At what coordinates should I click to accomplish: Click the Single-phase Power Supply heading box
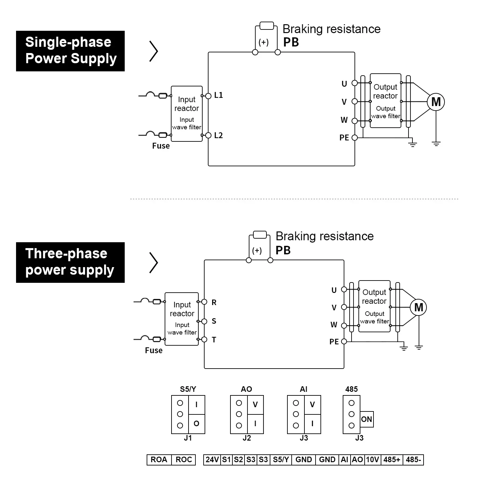(x=70, y=51)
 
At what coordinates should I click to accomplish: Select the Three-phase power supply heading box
(x=70, y=262)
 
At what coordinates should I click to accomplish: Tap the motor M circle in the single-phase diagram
(x=436, y=102)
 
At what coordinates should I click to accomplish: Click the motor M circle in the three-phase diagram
(x=418, y=307)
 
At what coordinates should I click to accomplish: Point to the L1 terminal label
(x=218, y=95)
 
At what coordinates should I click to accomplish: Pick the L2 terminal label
(x=218, y=136)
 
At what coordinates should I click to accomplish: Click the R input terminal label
(x=214, y=302)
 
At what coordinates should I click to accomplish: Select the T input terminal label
(x=214, y=340)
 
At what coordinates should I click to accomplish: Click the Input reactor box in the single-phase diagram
(x=187, y=114)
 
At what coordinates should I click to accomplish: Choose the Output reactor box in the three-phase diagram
(x=374, y=306)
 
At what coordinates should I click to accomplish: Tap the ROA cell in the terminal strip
(x=159, y=460)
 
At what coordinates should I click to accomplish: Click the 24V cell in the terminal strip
(x=212, y=460)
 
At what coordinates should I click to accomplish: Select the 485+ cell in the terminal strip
(x=391, y=460)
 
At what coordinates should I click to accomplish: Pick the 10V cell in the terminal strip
(x=372, y=460)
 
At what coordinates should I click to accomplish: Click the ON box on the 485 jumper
(x=367, y=419)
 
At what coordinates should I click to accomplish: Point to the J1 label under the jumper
(x=188, y=438)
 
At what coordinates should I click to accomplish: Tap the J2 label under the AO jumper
(x=246, y=438)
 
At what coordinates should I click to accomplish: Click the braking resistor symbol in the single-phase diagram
(x=266, y=26)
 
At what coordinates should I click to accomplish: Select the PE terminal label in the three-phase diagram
(x=334, y=342)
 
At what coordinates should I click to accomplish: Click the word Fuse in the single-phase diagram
(x=161, y=146)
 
